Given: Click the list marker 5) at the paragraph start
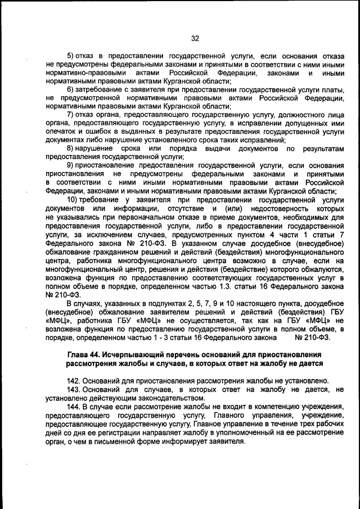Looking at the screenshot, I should click(x=71, y=57).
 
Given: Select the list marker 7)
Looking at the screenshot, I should click(x=71, y=114).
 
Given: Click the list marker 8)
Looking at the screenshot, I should click(x=71, y=148).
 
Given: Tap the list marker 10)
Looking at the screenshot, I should click(x=73, y=199).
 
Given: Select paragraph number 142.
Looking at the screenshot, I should click(x=74, y=380).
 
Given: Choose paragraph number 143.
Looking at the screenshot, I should click(x=74, y=389).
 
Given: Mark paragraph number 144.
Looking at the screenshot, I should click(x=74, y=406).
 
